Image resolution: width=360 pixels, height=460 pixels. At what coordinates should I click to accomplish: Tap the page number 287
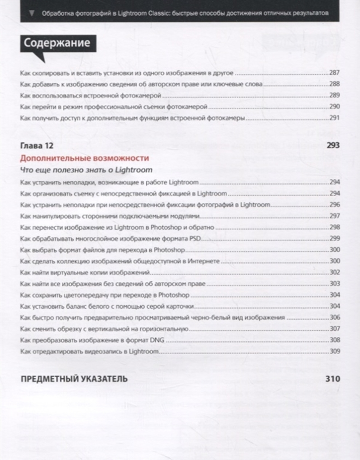click(x=334, y=73)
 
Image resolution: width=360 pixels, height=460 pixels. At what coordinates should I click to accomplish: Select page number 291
click(x=334, y=118)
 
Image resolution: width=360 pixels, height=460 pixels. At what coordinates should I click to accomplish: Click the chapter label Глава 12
click(x=37, y=146)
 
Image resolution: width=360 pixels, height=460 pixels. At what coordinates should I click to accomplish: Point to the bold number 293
click(x=332, y=146)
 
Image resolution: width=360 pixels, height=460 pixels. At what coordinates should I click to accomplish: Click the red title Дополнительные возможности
click(x=85, y=158)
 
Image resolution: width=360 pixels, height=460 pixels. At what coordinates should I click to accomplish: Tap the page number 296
click(x=334, y=205)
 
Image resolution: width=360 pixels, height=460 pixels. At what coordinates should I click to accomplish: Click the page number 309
click(x=334, y=351)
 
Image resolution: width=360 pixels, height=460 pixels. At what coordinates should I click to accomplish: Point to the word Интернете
click(x=203, y=261)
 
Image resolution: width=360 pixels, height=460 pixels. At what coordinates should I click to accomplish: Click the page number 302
click(x=334, y=272)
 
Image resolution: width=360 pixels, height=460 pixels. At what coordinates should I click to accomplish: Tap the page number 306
click(x=334, y=317)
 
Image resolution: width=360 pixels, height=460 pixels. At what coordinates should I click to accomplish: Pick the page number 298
click(x=334, y=227)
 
